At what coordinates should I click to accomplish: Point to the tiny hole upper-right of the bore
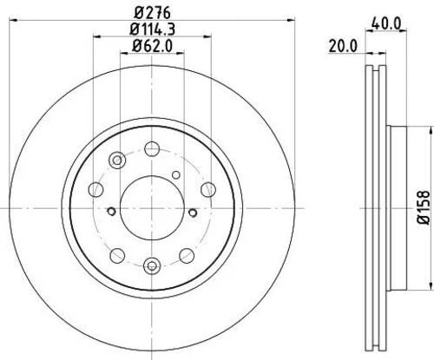click(178, 173)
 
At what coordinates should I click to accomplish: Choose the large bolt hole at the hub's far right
click(207, 189)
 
